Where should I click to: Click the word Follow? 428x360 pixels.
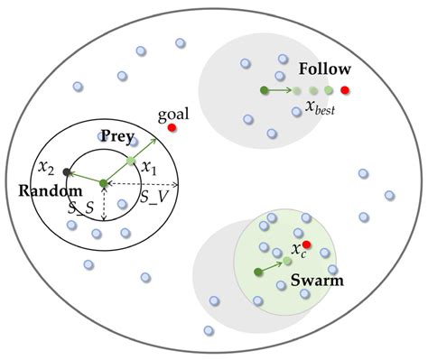point(324,69)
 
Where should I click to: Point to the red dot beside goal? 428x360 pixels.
point(172,129)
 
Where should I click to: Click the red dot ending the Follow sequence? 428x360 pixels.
point(345,90)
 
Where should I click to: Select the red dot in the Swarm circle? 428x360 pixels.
point(307,245)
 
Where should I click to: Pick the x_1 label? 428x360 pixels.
point(150,169)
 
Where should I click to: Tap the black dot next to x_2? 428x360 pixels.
point(66,171)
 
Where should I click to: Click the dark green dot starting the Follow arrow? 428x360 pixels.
point(263,90)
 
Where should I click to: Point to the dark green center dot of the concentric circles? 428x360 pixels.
point(104,184)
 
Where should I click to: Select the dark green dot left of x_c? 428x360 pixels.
point(258,271)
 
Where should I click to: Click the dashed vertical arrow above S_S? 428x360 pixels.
point(104,203)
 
